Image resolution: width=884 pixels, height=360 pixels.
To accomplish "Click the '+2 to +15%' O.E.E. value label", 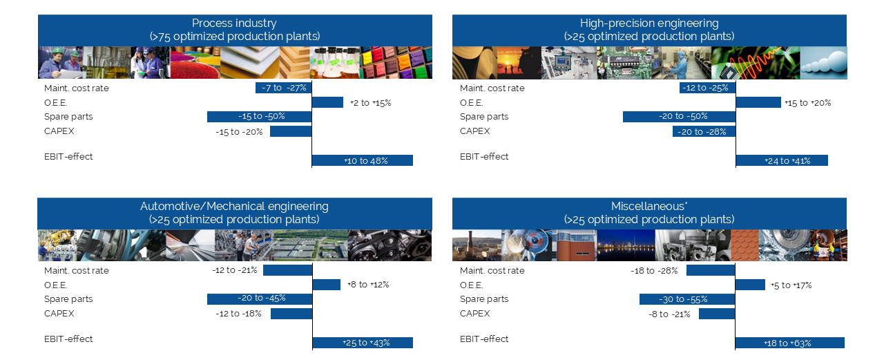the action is click(x=371, y=103).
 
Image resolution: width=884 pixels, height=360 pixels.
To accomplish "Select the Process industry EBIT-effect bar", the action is click(x=363, y=160).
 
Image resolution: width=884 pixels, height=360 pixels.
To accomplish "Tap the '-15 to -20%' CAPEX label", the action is click(x=239, y=132).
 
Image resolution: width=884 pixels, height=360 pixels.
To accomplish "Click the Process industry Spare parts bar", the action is click(x=259, y=117).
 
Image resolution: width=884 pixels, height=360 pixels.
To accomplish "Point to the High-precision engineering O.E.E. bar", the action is click(x=758, y=102).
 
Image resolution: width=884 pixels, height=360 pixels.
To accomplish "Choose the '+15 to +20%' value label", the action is click(x=808, y=103).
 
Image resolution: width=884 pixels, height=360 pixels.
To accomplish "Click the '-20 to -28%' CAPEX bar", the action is click(x=704, y=131).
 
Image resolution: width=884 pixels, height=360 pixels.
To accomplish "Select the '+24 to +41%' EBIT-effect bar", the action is click(x=782, y=160).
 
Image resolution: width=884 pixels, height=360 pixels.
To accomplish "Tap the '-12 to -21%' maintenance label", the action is click(x=235, y=270).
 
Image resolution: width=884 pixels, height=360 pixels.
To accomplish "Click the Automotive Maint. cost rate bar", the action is click(x=288, y=270).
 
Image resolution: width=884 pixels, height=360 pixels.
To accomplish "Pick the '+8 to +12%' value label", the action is click(x=368, y=285).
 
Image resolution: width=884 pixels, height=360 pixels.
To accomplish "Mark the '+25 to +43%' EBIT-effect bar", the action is click(x=363, y=343).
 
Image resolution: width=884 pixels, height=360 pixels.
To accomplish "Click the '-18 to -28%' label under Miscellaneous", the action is click(x=654, y=271).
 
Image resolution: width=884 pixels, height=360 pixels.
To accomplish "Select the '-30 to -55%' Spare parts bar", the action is click(x=687, y=299).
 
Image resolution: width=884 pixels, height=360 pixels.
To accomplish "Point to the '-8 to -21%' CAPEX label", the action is click(x=670, y=314).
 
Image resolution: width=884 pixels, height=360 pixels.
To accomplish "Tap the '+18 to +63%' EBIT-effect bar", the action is click(x=789, y=343).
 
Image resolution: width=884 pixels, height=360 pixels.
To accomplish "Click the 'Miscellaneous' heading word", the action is click(x=648, y=206).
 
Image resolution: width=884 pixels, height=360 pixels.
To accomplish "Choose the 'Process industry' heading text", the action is click(x=234, y=23).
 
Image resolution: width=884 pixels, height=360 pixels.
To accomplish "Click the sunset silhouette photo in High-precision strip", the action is click(x=519, y=63).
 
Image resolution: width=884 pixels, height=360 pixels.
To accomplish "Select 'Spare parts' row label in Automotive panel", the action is click(x=68, y=299).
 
